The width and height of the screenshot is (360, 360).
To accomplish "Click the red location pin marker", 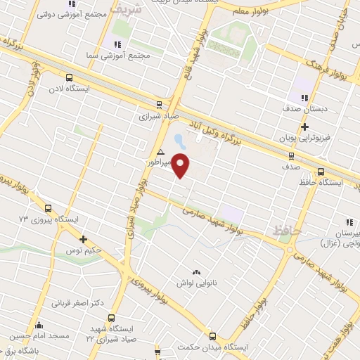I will pos(181,165).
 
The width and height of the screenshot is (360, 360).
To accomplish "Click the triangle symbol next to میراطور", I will pos(161,152).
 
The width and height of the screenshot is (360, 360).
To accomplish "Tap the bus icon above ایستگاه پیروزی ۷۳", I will pos(48,208).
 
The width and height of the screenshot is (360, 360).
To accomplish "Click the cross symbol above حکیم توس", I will pos(83,239).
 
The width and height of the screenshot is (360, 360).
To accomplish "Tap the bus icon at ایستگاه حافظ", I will pos(321,171).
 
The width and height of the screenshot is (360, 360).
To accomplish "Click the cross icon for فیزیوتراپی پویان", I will pos(304,127).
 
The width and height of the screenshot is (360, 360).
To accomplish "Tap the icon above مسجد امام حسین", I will pos(38,325).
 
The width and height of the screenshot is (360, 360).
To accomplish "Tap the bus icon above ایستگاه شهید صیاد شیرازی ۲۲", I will pos(112,317).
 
